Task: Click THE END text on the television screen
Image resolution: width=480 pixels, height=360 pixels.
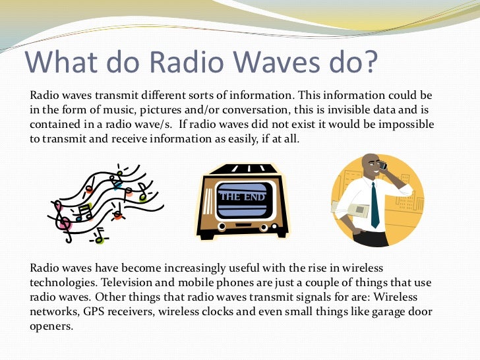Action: [242, 196]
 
